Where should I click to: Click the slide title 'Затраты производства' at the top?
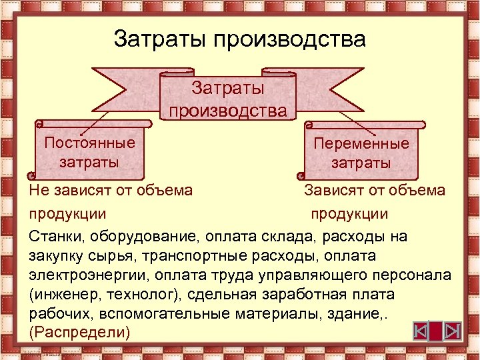pos(239,38)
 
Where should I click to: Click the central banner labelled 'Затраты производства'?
pos(227,98)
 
